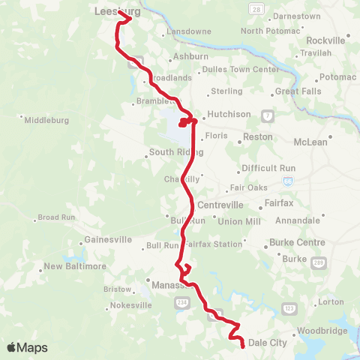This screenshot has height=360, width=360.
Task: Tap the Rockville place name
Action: pyautogui.click(x=327, y=39)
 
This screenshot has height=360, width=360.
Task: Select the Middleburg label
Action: pyautogui.click(x=46, y=120)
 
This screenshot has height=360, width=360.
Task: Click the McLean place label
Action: pyautogui.click(x=310, y=142)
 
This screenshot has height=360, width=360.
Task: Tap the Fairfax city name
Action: pyautogui.click(x=279, y=203)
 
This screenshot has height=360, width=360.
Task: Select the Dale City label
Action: pyautogui.click(x=268, y=343)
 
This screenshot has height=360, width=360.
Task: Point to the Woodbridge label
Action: pyautogui.click(x=319, y=330)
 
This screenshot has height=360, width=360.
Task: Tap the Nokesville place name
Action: pyautogui.click(x=109, y=305)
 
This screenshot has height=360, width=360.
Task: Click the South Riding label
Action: pyautogui.click(x=172, y=152)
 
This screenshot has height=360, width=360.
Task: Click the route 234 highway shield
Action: pyautogui.click(x=181, y=301)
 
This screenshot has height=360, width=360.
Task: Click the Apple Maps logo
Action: pyautogui.click(x=27, y=347)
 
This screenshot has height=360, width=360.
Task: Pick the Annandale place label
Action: pyautogui.click(x=298, y=221)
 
